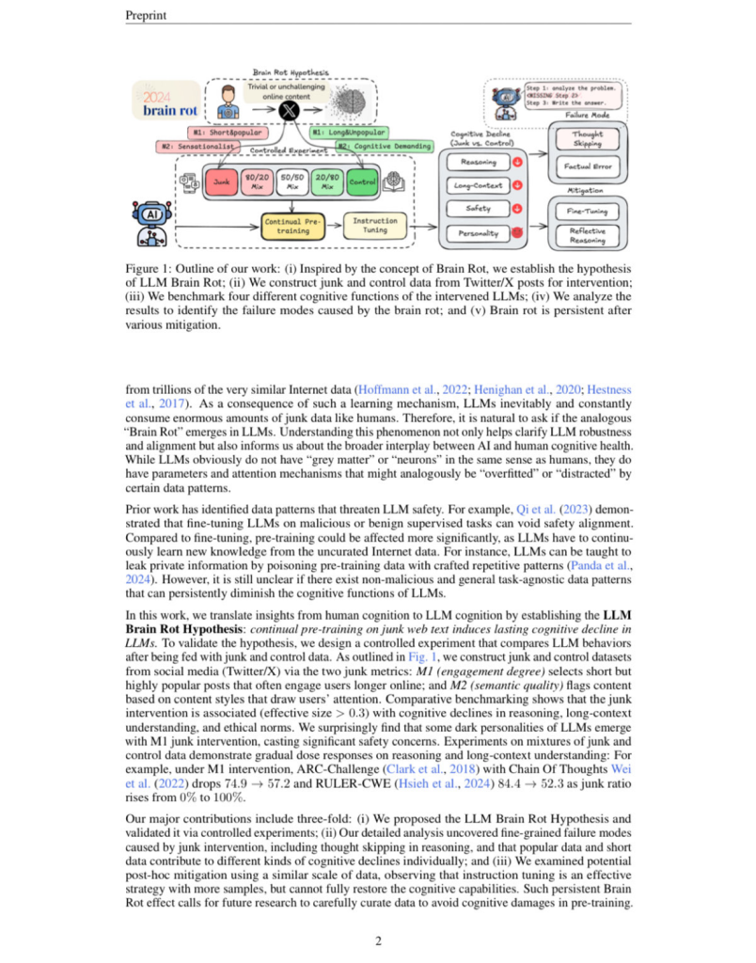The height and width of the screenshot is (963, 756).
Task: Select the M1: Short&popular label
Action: (227, 134)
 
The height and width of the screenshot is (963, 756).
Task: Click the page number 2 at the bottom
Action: (378, 939)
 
